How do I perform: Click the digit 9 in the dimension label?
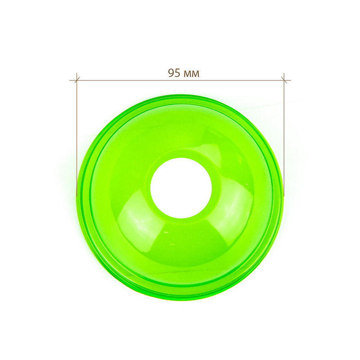point(171,73)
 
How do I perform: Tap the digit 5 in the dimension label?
point(177,73)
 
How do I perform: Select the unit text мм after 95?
point(192,74)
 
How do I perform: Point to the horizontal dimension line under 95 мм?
point(180,81)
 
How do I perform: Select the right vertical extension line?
point(284,135)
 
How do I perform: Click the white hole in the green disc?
point(181,188)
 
